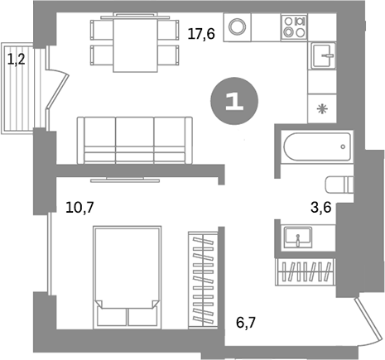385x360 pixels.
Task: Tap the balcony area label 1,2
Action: click(x=16, y=59)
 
